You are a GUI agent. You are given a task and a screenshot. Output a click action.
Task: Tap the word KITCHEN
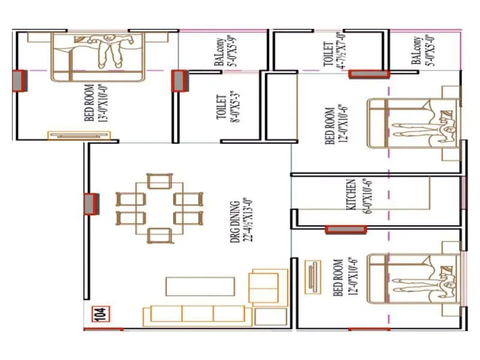click(x=352, y=193)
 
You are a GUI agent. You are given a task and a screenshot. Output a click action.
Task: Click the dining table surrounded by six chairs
click(x=158, y=208)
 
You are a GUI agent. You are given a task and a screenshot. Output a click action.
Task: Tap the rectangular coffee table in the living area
click(x=200, y=286)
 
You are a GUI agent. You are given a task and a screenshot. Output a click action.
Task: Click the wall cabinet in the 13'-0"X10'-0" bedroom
click(x=79, y=136)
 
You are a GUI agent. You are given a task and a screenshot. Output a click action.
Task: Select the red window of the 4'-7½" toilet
click(x=369, y=73)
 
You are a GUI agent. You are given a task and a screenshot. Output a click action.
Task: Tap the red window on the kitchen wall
click(x=346, y=229)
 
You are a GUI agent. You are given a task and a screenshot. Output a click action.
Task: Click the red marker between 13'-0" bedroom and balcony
click(x=179, y=80)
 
